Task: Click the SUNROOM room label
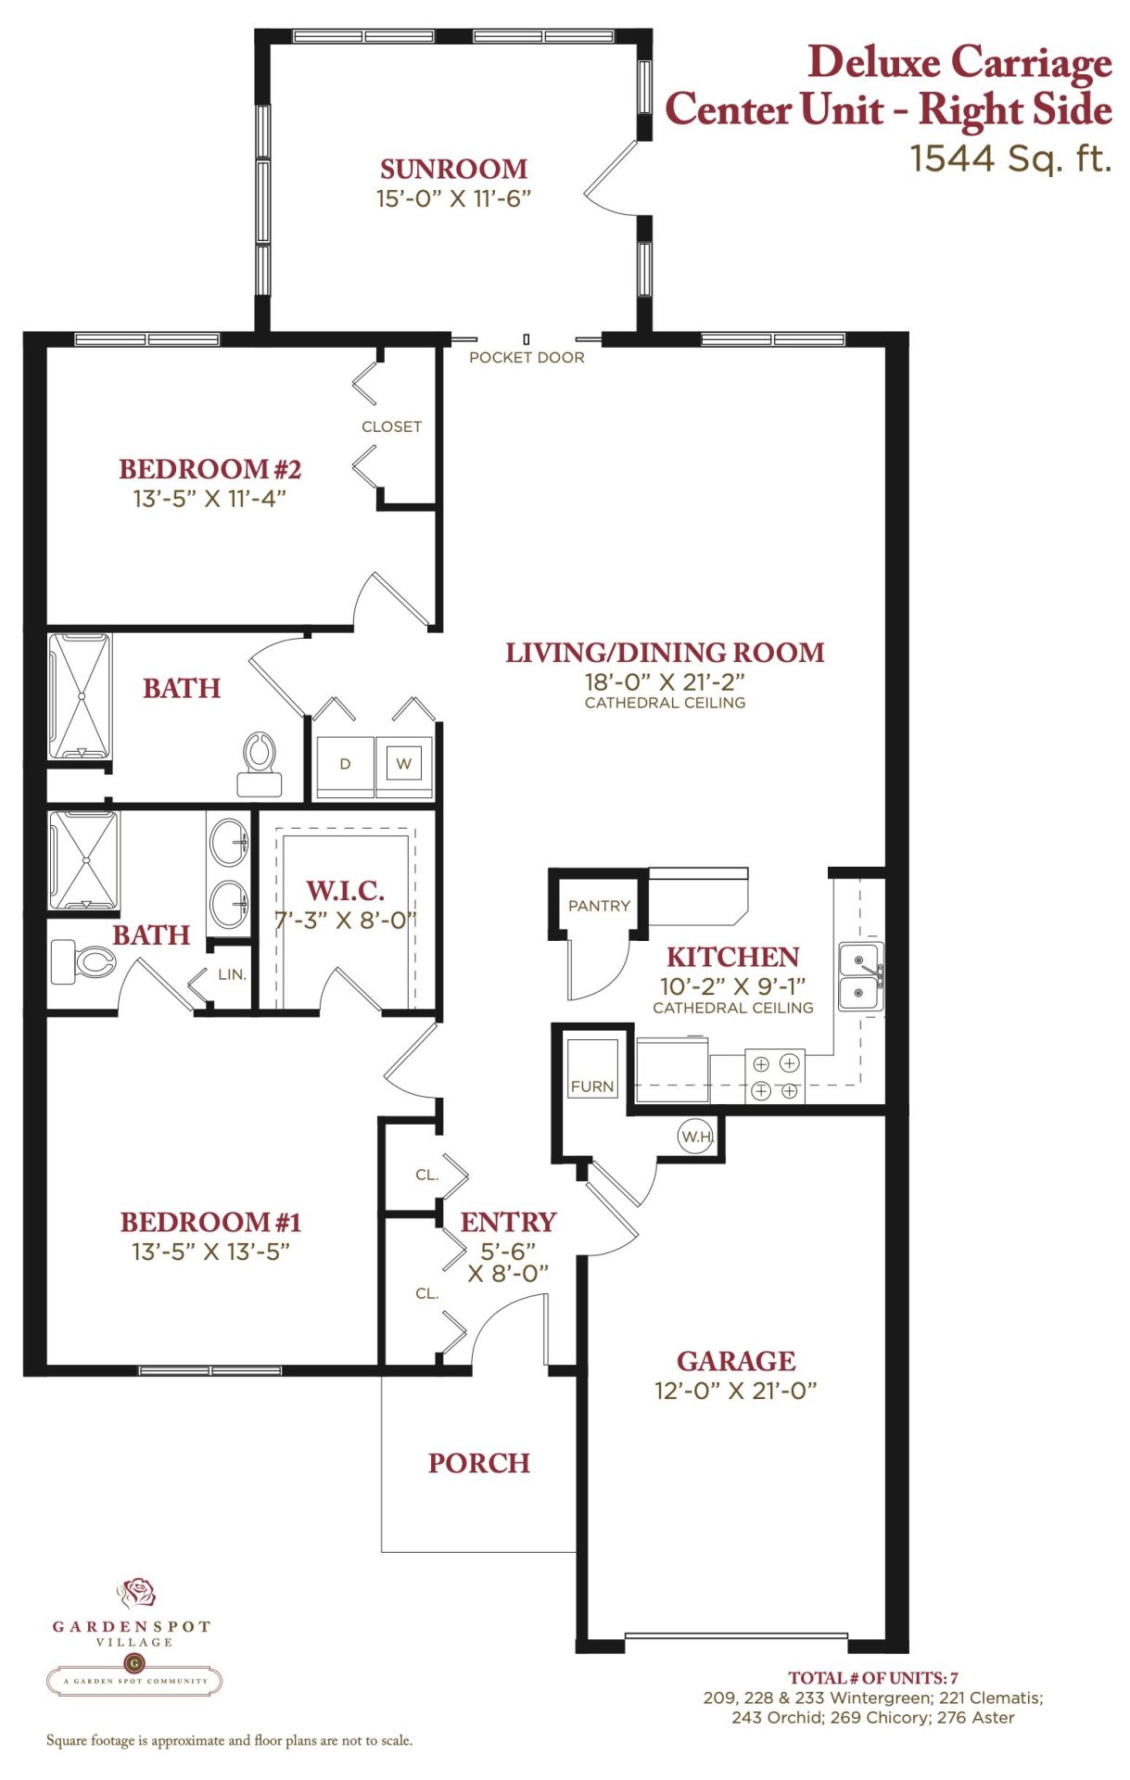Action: [x=453, y=169]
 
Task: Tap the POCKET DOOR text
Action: [x=527, y=358]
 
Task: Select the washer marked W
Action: [x=404, y=764]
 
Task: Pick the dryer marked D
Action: [x=345, y=764]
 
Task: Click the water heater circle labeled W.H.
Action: [x=696, y=1136]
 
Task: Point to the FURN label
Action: [x=592, y=1087]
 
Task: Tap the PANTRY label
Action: [x=599, y=906]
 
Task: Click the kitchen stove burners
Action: [x=775, y=1077]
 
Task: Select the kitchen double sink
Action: [x=861, y=976]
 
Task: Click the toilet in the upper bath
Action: [x=260, y=764]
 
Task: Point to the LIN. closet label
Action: [x=232, y=974]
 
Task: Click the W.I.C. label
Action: [x=345, y=891]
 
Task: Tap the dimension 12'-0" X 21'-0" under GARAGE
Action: [x=736, y=1391]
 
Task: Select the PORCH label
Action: [x=479, y=1463]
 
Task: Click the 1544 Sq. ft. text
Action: [x=1010, y=159]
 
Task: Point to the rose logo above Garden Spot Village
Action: [x=136, y=1594]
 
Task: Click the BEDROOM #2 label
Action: [x=210, y=469]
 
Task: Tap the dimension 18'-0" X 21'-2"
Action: [x=665, y=682]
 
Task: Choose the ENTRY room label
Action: [x=508, y=1222]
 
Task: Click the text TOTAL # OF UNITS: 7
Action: [x=873, y=1678]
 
